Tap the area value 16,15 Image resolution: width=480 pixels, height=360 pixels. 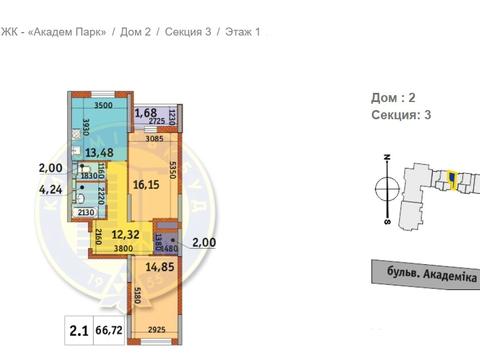(x=147, y=185)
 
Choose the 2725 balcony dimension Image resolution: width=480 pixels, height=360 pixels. (x=151, y=123)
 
